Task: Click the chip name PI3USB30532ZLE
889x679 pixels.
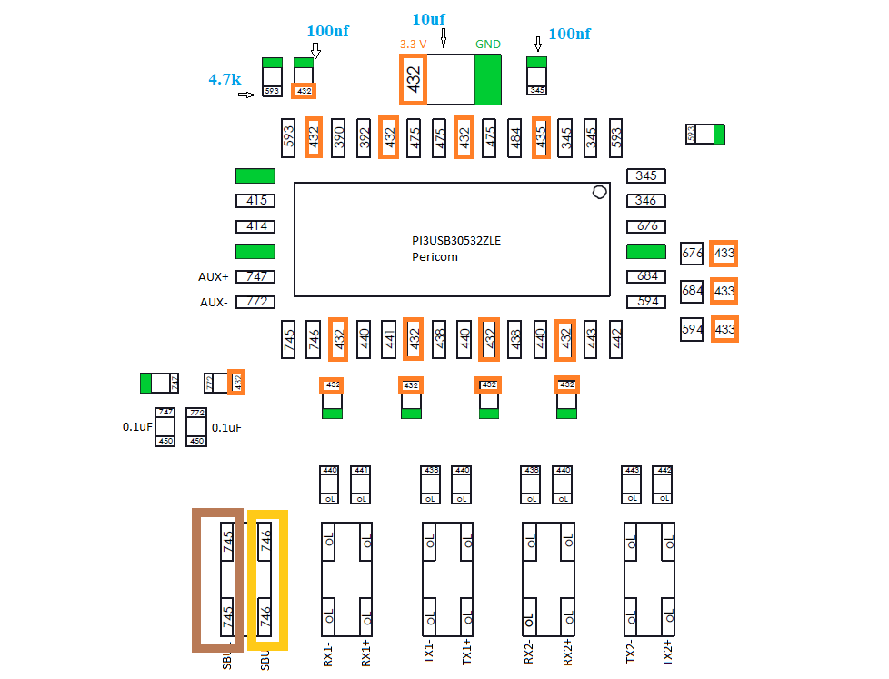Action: tap(455, 241)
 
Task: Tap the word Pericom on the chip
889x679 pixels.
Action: tap(435, 257)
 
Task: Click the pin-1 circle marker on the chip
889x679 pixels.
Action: tap(598, 192)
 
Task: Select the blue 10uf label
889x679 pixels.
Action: tap(430, 19)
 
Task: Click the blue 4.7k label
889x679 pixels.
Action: tap(225, 79)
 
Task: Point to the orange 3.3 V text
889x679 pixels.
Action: tap(415, 44)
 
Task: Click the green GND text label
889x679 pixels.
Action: tap(488, 44)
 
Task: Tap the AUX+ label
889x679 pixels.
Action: tap(214, 277)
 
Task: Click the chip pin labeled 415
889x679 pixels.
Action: tap(255, 201)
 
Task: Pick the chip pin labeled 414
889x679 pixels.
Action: tap(255, 226)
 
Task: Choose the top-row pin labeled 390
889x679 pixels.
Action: tap(339, 137)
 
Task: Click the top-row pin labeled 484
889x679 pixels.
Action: tap(516, 137)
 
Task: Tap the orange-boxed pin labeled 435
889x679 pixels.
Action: tap(541, 137)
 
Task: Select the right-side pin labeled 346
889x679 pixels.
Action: tap(646, 201)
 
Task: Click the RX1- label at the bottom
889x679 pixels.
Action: tap(329, 654)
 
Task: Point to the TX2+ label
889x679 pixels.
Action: tap(668, 654)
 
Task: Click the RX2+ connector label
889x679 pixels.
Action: tap(568, 654)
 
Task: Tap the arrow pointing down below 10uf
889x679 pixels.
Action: tap(444, 38)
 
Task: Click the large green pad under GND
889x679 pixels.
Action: tap(488, 80)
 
